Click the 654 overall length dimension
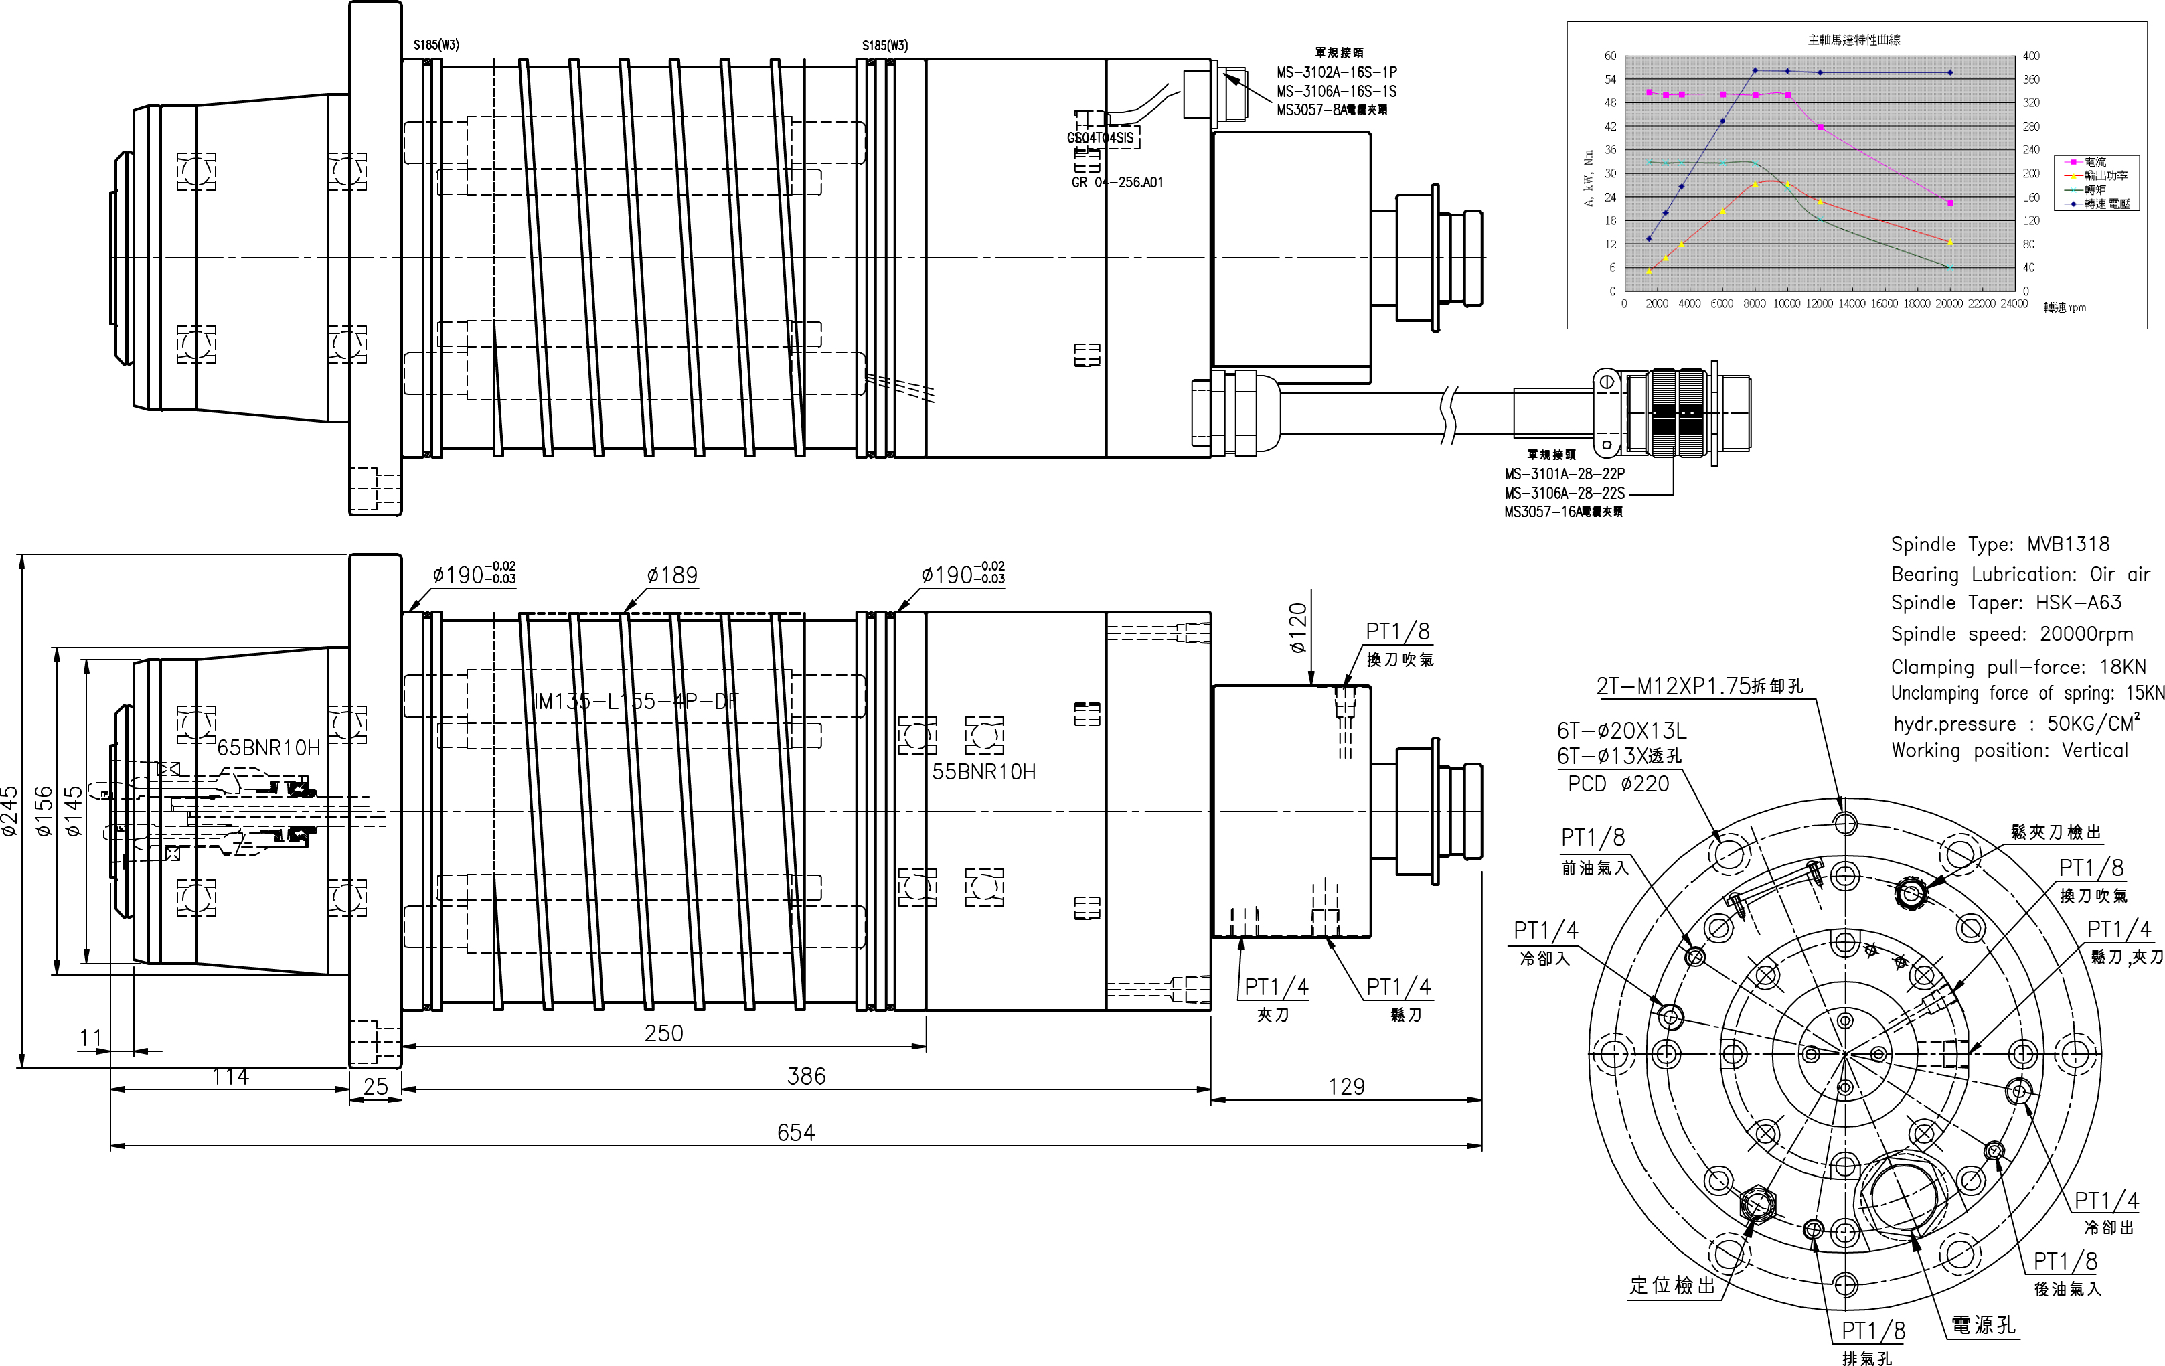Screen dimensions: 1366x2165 (796, 1132)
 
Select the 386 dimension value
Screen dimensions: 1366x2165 (805, 1077)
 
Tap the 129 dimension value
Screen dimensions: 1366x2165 (1346, 1087)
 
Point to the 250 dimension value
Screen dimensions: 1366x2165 (663, 1033)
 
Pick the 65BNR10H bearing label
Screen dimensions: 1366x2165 (269, 748)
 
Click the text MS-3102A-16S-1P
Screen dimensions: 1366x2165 (1336, 72)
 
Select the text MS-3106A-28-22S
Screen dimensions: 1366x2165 (1565, 493)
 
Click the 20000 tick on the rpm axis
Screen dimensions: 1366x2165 (1948, 304)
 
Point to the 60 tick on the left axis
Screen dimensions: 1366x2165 (1610, 56)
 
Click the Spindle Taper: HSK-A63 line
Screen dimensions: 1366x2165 (2006, 603)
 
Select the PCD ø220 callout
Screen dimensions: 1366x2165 (1618, 784)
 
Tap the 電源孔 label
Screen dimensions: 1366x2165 (1982, 1324)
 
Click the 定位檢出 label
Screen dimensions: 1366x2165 (1672, 1286)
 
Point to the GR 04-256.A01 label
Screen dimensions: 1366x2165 (1117, 183)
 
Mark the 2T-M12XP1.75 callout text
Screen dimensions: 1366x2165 (1698, 686)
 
